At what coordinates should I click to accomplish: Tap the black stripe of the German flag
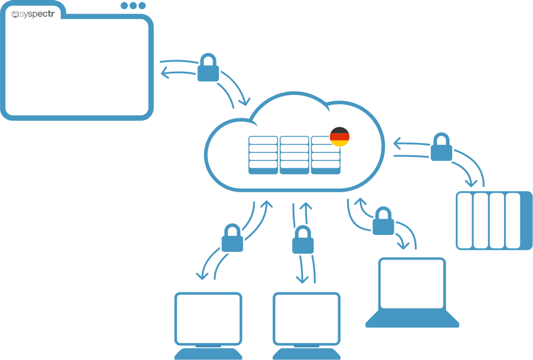click(340, 131)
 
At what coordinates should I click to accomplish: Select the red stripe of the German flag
click(340, 137)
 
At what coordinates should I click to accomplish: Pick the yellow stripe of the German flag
click(340, 143)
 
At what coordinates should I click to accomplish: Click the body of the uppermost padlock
click(208, 73)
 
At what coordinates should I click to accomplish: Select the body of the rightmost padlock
click(442, 153)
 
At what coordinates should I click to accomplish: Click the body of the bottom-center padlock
click(303, 245)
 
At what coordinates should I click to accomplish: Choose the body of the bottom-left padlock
click(232, 243)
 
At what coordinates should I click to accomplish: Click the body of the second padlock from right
click(384, 226)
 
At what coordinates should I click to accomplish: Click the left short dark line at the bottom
click(208, 346)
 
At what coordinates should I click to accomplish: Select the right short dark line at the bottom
click(306, 346)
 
